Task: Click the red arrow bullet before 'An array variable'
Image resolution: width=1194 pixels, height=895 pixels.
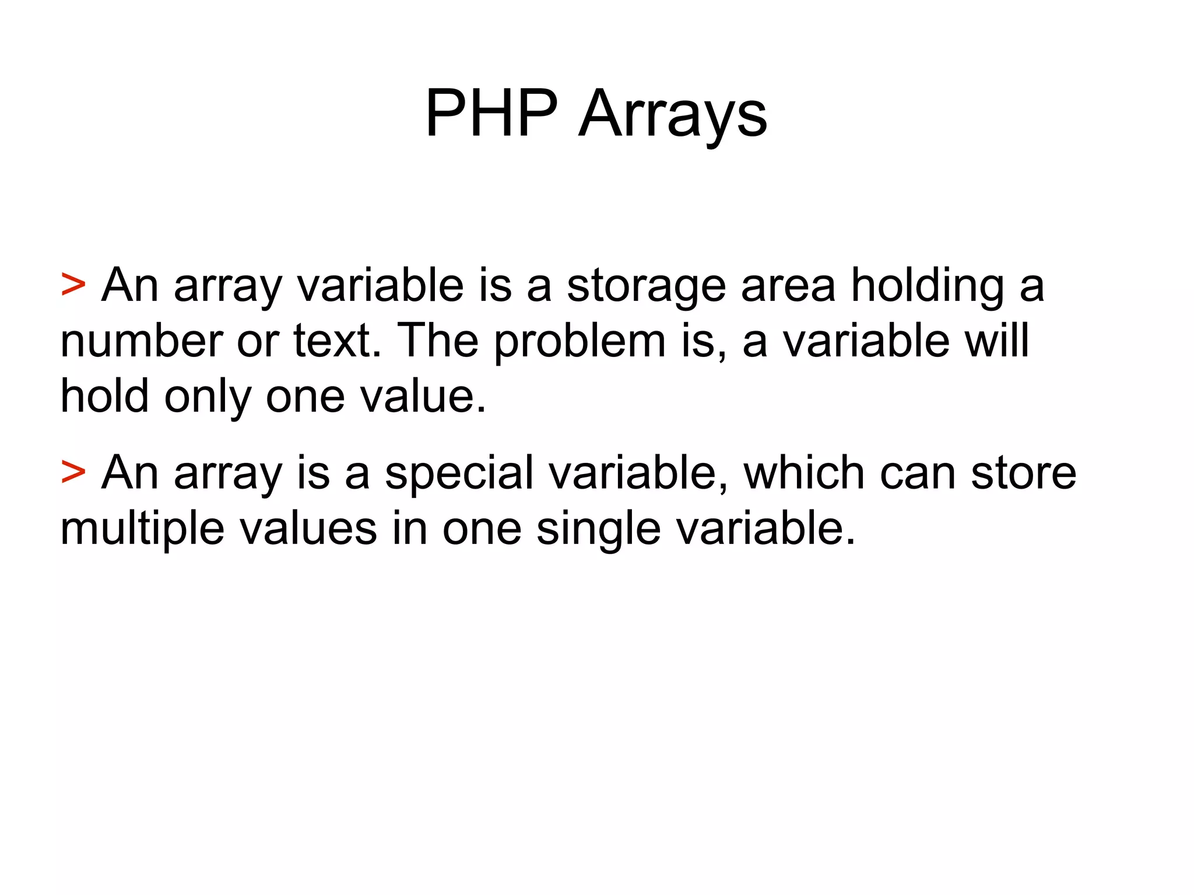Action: point(73,285)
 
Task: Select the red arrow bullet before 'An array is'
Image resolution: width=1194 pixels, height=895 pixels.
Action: point(73,472)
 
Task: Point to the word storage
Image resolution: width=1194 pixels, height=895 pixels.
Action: point(646,286)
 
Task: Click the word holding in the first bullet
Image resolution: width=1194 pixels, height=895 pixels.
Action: point(928,286)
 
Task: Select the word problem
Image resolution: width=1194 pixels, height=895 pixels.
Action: point(580,342)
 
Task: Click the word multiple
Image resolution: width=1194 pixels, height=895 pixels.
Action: point(142,529)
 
